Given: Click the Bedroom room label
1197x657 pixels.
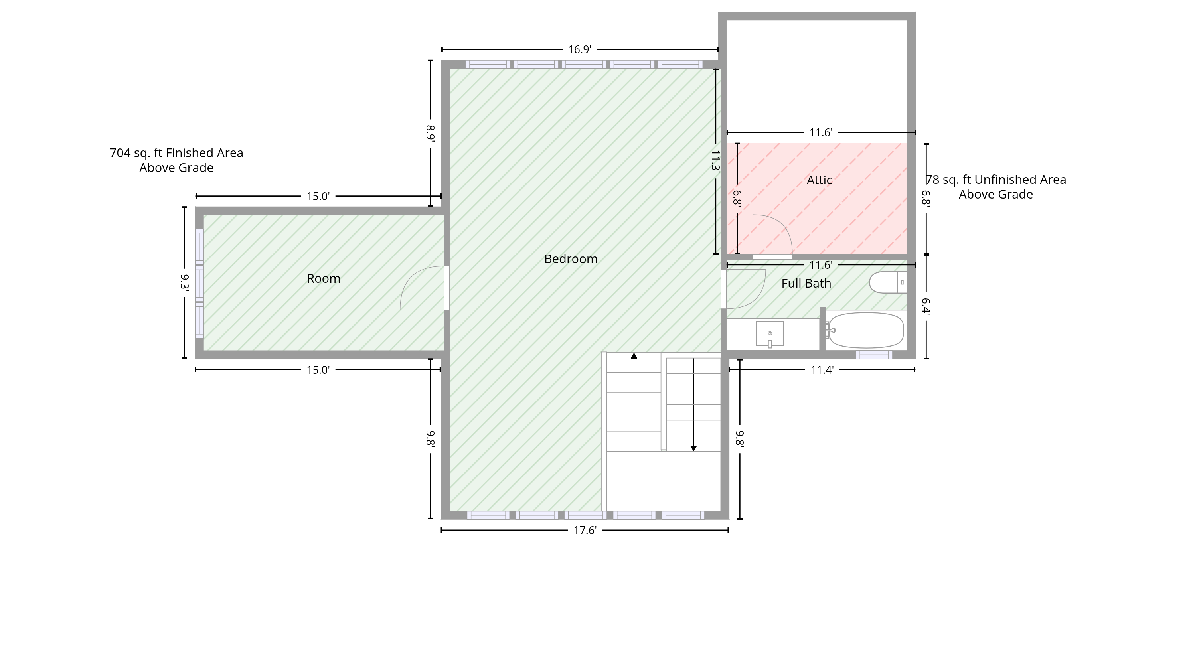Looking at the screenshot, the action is coord(571,259).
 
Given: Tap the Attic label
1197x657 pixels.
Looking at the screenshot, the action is coord(819,180).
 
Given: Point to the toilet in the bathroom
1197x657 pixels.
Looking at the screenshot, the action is coord(887,282).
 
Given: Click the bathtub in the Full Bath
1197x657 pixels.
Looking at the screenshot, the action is coord(866,330).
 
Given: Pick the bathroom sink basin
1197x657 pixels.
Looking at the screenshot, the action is coord(770,333).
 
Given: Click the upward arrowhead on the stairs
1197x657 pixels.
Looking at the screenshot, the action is coord(634,356).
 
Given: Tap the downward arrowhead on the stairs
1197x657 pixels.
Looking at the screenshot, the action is coord(693,448).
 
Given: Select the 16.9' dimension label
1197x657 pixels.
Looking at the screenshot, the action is coord(579,50).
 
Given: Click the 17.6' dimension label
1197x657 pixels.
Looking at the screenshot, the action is coord(585,531).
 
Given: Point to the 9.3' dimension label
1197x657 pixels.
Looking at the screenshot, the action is coord(184,282).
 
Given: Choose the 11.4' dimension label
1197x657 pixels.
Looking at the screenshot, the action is coord(822,370).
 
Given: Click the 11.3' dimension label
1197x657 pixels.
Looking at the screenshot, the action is coord(715,161).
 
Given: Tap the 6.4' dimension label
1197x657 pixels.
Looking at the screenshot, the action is coord(926,307).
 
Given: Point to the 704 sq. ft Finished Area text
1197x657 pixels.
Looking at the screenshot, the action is coord(177,153).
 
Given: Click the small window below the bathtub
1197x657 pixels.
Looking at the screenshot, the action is coord(874,355).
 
